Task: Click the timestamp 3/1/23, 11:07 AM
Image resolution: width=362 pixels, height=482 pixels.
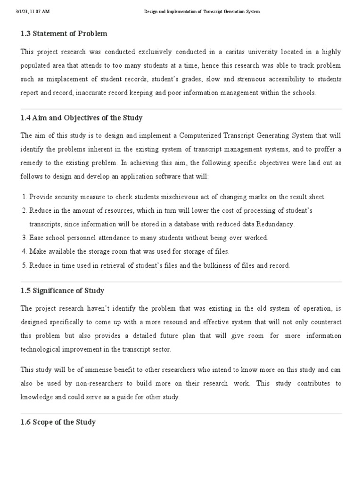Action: click(x=32, y=12)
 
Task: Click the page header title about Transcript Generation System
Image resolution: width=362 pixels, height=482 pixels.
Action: click(x=202, y=12)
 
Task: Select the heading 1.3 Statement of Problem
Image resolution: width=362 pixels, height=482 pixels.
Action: click(x=64, y=34)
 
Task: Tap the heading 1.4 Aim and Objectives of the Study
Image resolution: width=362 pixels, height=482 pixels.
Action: click(x=82, y=118)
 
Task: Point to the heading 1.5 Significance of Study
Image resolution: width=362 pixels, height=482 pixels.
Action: click(x=62, y=290)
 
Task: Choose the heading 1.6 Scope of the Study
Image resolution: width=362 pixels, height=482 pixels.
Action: click(x=58, y=422)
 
